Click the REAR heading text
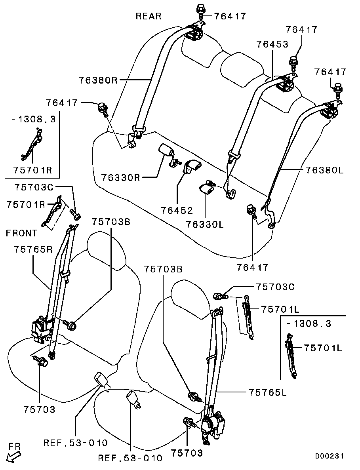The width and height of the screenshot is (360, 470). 149,16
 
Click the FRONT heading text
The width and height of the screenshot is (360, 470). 21,233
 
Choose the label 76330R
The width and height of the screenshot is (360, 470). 120,177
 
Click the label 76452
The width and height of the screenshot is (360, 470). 177,210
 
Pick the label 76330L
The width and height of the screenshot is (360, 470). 205,225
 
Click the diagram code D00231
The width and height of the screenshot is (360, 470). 330,456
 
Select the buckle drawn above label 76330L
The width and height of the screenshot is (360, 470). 207,188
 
